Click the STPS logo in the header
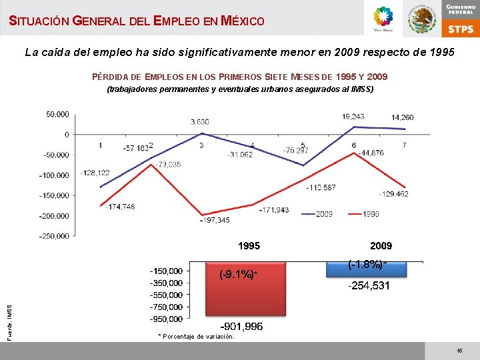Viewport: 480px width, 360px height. tap(460, 29)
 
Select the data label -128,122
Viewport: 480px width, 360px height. tap(95, 173)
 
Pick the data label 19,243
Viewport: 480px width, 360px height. tap(353, 116)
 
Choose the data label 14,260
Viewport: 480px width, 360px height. tap(402, 117)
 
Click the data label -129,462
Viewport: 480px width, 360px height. tap(393, 194)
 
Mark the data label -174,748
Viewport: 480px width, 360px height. tap(120, 207)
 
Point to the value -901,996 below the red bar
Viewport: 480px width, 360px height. tap(242, 327)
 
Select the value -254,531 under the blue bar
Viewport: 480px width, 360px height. tap(369, 286)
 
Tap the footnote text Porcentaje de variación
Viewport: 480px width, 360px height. tap(199, 337)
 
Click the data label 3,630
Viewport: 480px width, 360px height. tap(200, 122)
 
